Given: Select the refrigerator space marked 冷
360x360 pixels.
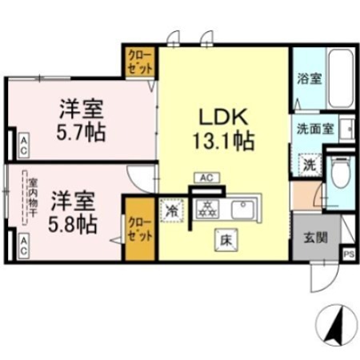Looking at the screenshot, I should coord(172,209).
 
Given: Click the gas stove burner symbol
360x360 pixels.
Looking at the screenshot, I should coord(206,209).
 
